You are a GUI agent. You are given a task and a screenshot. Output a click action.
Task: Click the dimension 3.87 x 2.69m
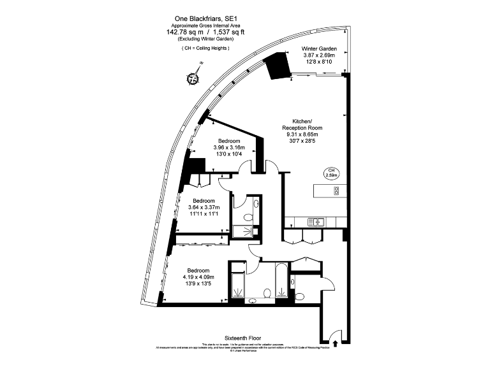[318, 55]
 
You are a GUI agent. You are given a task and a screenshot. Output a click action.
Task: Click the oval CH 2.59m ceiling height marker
[332, 172]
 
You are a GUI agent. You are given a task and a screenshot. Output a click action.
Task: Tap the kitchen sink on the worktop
[317, 221]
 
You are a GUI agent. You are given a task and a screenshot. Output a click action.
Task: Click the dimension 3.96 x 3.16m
[228, 148]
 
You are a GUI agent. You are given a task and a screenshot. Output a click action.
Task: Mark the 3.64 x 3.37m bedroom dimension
[204, 207]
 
